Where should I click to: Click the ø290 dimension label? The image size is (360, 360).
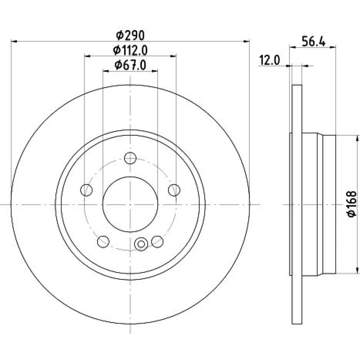click(130, 35)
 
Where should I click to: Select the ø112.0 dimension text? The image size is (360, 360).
click(130, 50)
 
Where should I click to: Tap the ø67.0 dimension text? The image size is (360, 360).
click(130, 65)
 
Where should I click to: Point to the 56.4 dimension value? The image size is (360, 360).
click(314, 42)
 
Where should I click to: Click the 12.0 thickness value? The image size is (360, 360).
click(270, 60)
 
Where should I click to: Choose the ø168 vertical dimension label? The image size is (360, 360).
click(351, 204)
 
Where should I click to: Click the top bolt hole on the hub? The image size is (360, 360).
click(130, 158)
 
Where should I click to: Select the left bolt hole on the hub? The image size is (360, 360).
click(86, 190)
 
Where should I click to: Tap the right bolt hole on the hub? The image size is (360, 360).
click(174, 190)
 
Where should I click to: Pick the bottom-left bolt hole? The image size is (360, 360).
click(103, 242)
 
